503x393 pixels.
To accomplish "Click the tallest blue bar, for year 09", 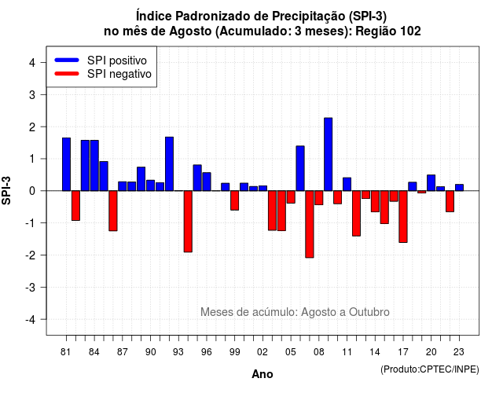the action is (x=329, y=154).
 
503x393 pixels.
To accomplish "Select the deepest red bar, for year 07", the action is (x=310, y=224).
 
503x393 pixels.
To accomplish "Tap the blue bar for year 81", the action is (x=66, y=164).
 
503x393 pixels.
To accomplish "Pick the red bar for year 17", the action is (x=403, y=217).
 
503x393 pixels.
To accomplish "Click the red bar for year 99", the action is (x=235, y=200).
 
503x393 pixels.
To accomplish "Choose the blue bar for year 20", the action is (x=431, y=183).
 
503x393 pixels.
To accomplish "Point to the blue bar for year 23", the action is (x=459, y=188).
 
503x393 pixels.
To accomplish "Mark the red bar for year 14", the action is (x=375, y=201).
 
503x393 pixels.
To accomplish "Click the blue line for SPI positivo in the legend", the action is (x=67, y=60).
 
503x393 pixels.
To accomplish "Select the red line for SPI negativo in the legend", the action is (x=67, y=74).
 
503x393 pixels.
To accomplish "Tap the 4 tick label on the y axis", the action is (x=32, y=63).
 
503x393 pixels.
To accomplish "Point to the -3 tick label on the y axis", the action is (x=31, y=287).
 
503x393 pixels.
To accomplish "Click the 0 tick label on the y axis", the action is (x=32, y=191).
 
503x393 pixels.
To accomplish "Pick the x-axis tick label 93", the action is (x=178, y=352).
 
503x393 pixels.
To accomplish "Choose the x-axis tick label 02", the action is (x=263, y=352).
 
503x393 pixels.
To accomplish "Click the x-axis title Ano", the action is (x=263, y=374).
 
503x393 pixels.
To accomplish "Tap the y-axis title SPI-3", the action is (x=6, y=190).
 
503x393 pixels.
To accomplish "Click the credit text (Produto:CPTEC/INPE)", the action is (x=430, y=369).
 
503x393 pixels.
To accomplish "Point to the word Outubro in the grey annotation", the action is (x=369, y=312).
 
